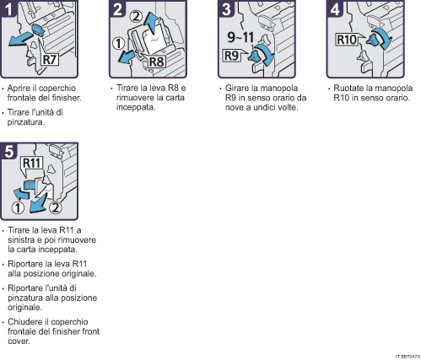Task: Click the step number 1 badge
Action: (8, 8)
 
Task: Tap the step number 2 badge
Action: (117, 8)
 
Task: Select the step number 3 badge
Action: (226, 8)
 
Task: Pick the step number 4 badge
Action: (335, 8)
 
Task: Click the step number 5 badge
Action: (9, 151)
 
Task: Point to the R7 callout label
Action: (50, 60)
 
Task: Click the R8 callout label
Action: (156, 62)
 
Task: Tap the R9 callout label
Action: (231, 56)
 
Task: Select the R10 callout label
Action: (347, 40)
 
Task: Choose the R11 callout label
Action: (32, 163)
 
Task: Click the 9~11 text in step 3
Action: (240, 37)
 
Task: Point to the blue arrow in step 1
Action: (20, 39)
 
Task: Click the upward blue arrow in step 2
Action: (152, 24)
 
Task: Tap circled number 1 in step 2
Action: (118, 44)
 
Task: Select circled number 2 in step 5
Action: (56, 207)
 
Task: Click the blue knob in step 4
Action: (374, 40)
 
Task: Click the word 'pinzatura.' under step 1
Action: (26, 122)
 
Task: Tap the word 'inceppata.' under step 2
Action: (136, 107)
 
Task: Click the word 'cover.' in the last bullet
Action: (19, 341)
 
